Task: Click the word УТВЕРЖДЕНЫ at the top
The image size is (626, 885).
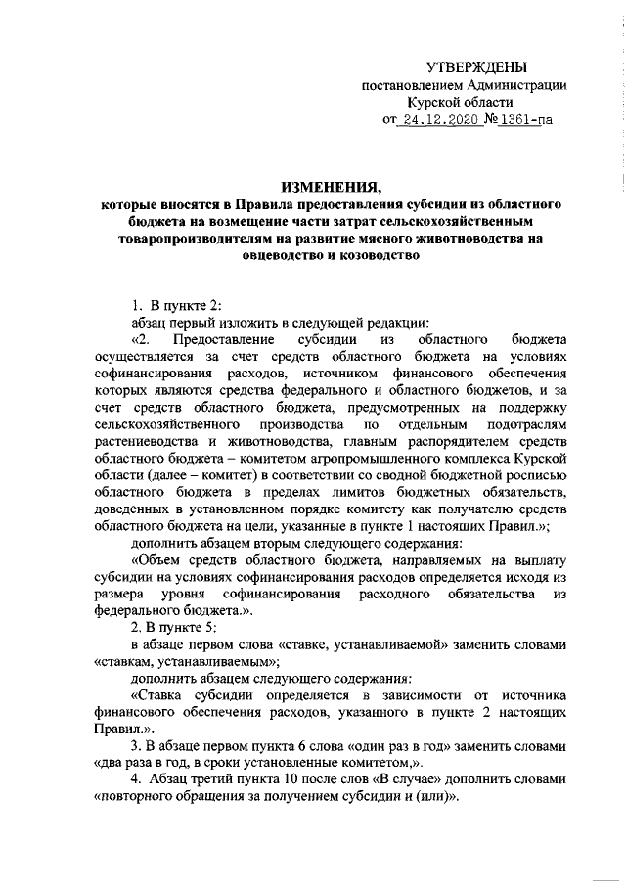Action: pyautogui.click(x=478, y=66)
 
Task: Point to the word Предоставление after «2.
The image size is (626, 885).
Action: pyautogui.click(x=214, y=339)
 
